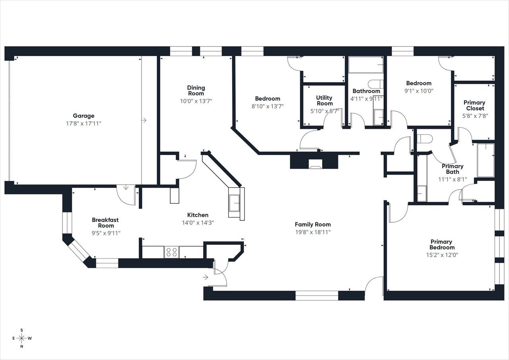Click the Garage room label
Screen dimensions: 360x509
tap(84, 116)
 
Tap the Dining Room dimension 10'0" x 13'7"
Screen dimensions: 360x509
tap(196, 101)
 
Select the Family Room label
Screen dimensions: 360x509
tap(313, 224)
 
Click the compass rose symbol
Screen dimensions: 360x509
tap(22, 338)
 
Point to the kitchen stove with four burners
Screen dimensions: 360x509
tap(171, 252)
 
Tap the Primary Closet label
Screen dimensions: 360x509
tap(474, 105)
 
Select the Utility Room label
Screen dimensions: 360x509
tap(324, 101)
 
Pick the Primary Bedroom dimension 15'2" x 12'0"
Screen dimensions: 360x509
tap(441, 255)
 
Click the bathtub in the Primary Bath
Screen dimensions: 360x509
tap(486, 160)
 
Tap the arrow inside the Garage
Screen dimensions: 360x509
tap(144, 120)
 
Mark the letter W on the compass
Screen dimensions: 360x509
tap(30, 339)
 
